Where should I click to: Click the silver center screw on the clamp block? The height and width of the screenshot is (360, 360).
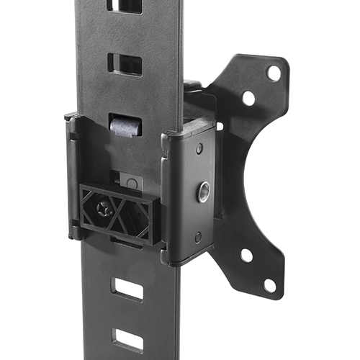coord(204,191)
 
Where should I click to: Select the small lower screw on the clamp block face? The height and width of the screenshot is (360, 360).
coord(198,236)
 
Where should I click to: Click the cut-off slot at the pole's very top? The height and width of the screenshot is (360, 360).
coord(124,6)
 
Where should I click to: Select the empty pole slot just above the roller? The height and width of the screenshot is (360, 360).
coord(124,63)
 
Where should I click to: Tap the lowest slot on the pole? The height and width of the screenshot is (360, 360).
coord(128,339)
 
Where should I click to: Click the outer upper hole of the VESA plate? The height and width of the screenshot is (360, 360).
coord(274,72)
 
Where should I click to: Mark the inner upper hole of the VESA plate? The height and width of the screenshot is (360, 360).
coord(248,97)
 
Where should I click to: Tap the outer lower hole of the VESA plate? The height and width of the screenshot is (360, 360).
coord(270,284)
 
